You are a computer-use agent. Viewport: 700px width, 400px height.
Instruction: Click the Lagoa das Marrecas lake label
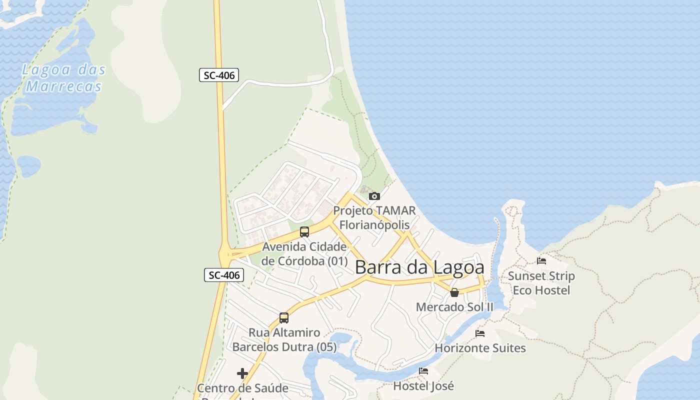63,78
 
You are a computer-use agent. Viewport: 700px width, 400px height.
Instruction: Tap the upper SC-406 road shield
219,75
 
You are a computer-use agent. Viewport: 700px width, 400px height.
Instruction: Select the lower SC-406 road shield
224,275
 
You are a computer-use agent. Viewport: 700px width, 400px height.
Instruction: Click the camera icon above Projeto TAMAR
374,196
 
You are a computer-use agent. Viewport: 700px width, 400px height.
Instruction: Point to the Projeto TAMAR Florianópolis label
374,217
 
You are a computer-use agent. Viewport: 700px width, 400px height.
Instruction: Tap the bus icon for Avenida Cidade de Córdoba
304,231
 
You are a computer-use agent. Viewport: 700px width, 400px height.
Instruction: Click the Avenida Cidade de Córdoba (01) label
304,253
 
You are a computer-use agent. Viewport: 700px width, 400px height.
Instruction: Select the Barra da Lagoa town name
419,267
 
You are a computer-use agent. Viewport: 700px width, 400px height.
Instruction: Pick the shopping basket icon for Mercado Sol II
454,292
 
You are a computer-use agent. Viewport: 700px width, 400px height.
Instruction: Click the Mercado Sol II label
454,307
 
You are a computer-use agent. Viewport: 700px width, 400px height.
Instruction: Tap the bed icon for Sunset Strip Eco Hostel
541,260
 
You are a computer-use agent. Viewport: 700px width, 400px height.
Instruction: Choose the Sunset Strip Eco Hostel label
541,283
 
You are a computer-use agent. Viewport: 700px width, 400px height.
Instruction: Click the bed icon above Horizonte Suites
480,333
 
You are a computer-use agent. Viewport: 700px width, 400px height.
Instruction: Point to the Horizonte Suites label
480,348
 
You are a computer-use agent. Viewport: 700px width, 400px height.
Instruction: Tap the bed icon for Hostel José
423,371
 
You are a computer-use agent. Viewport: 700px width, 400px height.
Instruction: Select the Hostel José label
423,386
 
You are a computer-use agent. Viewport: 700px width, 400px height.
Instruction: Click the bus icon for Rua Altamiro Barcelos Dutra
284,317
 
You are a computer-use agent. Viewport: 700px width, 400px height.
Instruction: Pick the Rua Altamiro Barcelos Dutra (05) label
284,340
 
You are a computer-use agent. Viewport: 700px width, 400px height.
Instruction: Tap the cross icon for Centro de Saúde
242,373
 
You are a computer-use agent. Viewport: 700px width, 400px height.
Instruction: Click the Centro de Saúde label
242,388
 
